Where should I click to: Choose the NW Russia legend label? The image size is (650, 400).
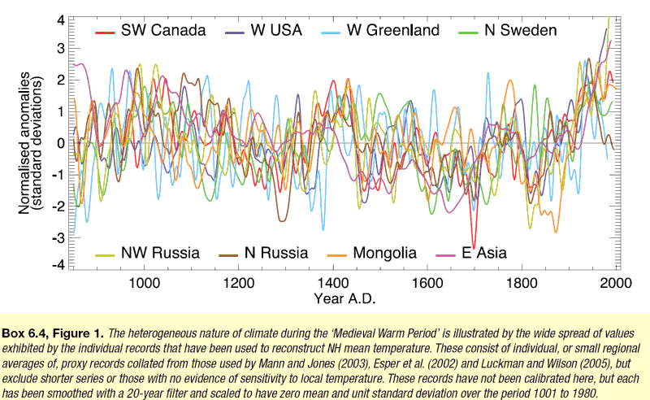[x=160, y=253]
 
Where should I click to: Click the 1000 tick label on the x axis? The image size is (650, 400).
[x=144, y=284]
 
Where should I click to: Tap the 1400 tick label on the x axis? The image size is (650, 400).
[x=333, y=284]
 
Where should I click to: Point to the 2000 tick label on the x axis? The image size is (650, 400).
[x=615, y=284]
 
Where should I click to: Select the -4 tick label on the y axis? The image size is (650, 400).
[x=58, y=265]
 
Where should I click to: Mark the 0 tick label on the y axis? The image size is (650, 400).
[x=60, y=142]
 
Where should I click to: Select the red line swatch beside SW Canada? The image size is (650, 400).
[x=104, y=32]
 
